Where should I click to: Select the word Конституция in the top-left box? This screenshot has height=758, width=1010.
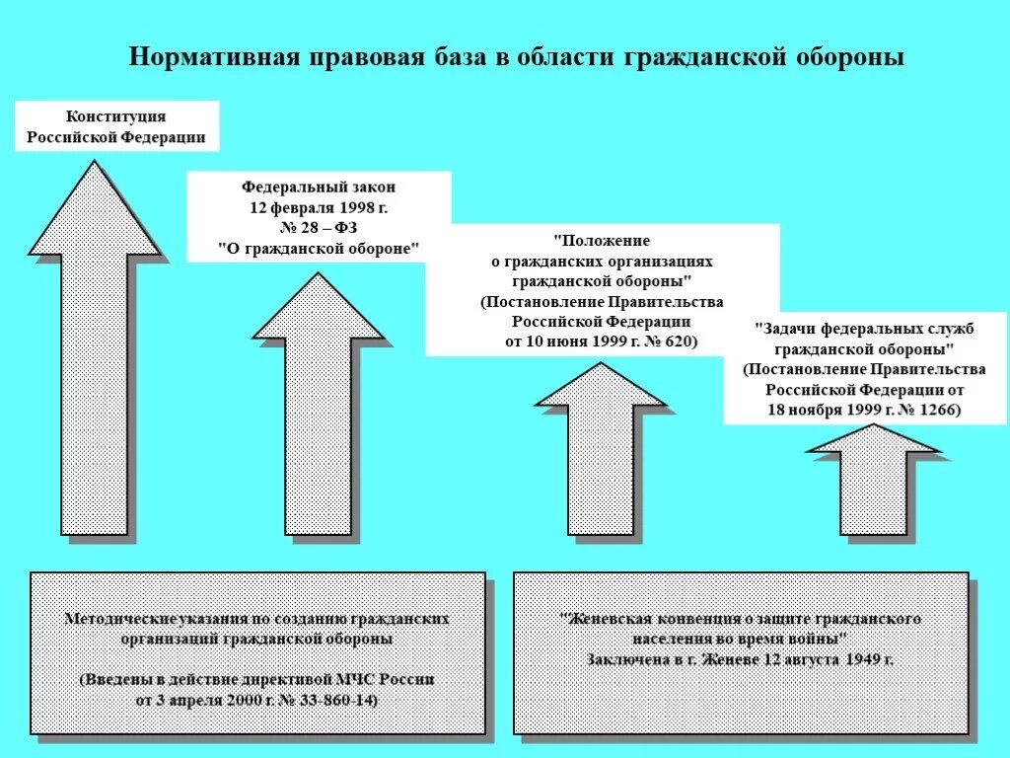pos(116,116)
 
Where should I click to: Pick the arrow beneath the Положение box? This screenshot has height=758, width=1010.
pos(601,464)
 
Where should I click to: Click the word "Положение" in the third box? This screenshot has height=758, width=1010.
pos(602,240)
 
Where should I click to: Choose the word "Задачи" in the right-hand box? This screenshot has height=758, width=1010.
pos(789,329)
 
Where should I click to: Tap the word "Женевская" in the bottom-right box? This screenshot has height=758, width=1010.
pos(609,619)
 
